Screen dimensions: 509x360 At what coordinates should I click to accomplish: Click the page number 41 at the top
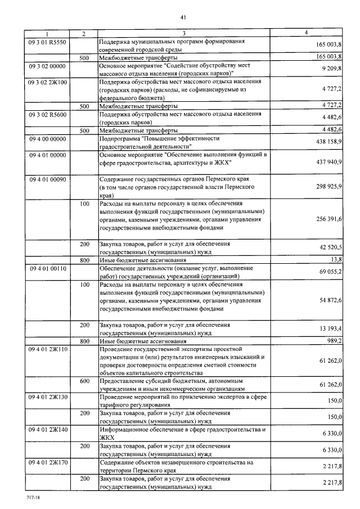(183, 17)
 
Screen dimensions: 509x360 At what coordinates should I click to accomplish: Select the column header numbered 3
(183, 34)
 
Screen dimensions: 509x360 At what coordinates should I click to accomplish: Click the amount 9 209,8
(332, 67)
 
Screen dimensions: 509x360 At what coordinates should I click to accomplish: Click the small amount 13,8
(336, 259)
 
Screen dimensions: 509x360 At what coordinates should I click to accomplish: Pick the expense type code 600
(84, 381)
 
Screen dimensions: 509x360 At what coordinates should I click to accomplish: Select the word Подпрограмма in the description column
(120, 138)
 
